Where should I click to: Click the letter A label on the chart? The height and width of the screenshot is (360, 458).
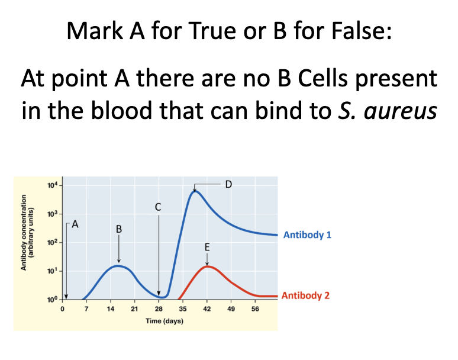pos(75,224)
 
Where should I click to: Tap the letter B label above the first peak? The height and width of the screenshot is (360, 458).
pos(119,229)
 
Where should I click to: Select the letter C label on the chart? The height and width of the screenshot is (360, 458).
pos(158,207)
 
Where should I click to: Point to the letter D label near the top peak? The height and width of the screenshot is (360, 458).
pos(228,184)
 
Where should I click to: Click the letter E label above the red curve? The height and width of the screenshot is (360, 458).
pos(207,247)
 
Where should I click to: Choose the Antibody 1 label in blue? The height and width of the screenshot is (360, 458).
pos(307,235)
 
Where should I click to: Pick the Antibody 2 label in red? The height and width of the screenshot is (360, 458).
pos(305,295)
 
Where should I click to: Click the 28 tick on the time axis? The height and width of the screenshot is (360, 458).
pos(159,309)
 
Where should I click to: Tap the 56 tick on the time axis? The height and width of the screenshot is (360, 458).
pos(255,309)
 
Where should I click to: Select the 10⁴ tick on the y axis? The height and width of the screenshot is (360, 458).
pos(53,185)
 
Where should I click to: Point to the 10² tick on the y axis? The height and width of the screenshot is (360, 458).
pos(53,243)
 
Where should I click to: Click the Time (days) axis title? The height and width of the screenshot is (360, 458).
pos(165,321)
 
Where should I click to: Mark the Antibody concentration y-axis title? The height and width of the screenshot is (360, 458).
pos(27,232)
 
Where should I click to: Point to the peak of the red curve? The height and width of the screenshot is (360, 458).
pos(207,266)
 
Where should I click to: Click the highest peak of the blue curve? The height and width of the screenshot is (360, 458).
pos(195,191)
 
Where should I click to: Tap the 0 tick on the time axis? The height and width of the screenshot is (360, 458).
pos(62,309)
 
